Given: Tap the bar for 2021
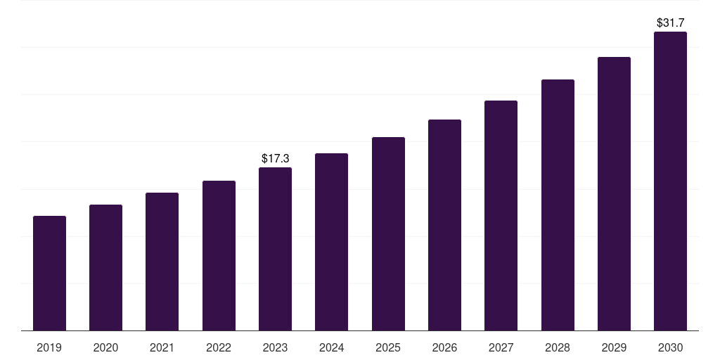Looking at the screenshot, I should [162, 262].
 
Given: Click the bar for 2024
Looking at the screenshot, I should [331, 242].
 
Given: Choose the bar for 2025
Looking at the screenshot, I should [388, 233].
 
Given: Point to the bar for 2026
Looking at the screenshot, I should [444, 225].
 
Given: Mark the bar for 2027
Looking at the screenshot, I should [501, 215].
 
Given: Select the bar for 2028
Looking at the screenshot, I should [558, 205].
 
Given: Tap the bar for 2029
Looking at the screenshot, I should [614, 193].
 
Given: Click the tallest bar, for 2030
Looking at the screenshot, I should [670, 181].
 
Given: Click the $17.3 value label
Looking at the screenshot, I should [275, 159].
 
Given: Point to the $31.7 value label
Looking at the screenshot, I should [670, 23].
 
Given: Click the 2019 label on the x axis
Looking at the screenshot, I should [49, 347].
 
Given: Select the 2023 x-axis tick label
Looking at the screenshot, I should [275, 347].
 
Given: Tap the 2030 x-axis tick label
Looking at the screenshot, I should [670, 347].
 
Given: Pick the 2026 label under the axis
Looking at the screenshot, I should [444, 347].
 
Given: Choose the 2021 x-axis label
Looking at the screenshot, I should [162, 347].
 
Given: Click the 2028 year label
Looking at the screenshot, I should [558, 347].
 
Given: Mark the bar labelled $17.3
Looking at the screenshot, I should [275, 249].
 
